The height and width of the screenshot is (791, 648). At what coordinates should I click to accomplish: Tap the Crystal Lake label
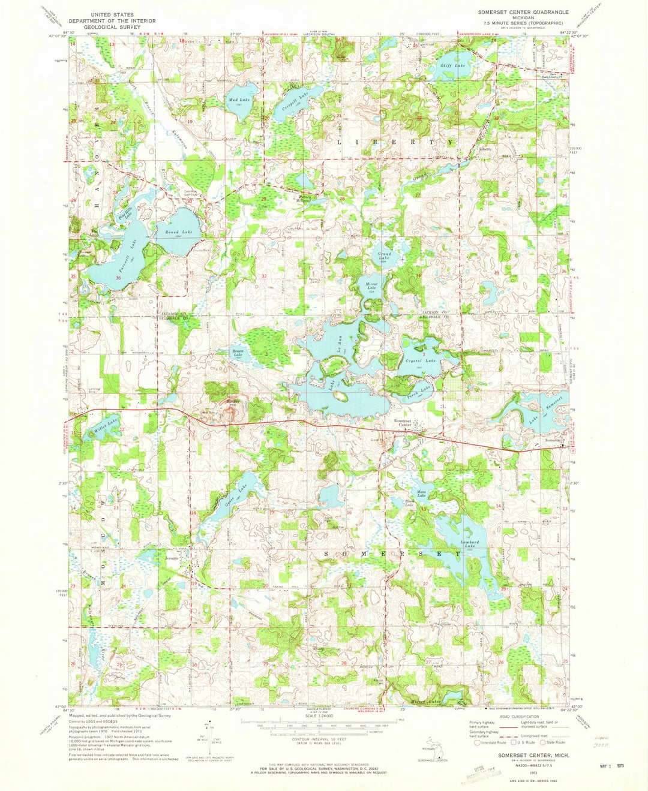(421, 360)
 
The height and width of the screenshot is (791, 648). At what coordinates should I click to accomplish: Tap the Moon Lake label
(421, 494)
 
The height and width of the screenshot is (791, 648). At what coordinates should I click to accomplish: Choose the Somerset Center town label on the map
(403, 423)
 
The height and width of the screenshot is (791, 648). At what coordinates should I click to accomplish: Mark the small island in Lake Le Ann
(340, 395)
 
